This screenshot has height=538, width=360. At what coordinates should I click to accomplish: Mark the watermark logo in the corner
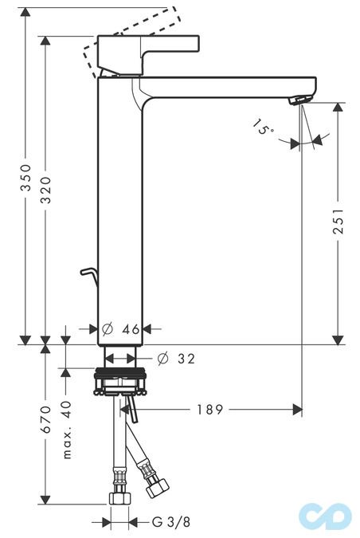pyautogui.click(x=326, y=516)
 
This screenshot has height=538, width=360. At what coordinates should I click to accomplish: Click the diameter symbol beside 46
pyautogui.click(x=107, y=329)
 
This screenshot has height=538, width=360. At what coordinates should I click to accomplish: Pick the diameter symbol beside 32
pyautogui.click(x=162, y=359)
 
